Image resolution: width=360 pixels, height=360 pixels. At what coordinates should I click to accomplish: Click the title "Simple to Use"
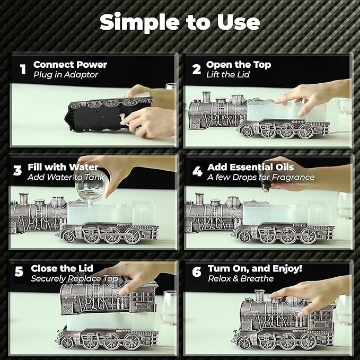coord(180,22)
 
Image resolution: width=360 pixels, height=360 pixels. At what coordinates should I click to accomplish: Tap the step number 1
coord(23,69)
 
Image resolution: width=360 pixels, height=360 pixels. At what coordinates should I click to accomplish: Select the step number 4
coord(197,171)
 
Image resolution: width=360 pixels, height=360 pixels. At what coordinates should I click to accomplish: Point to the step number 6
coord(197,272)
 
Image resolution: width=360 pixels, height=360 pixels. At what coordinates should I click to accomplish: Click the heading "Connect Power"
coord(71,65)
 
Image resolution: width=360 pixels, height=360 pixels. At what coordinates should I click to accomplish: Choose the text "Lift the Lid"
coord(228,75)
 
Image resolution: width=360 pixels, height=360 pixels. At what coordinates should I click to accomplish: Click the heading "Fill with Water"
coord(63,167)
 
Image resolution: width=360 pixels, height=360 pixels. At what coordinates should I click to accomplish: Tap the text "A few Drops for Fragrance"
coord(261,177)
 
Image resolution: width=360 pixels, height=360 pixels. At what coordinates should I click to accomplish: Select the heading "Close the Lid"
coord(62,268)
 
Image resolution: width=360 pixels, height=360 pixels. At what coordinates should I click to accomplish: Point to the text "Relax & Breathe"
coord(241,278)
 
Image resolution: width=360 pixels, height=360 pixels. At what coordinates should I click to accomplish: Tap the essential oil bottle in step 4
coord(266,186)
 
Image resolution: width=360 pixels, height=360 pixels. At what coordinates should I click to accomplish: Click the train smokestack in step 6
coord(259,296)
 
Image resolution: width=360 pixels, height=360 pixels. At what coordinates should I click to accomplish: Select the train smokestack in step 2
coord(206,96)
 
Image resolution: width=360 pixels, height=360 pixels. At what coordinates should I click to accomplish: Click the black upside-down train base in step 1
coord(108,115)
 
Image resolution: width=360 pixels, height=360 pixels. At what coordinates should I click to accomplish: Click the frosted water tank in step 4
coord(286,214)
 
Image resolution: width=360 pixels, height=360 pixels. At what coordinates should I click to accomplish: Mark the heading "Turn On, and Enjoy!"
coord(255,269)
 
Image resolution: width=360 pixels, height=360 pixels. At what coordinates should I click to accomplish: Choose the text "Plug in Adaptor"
coord(66,75)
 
